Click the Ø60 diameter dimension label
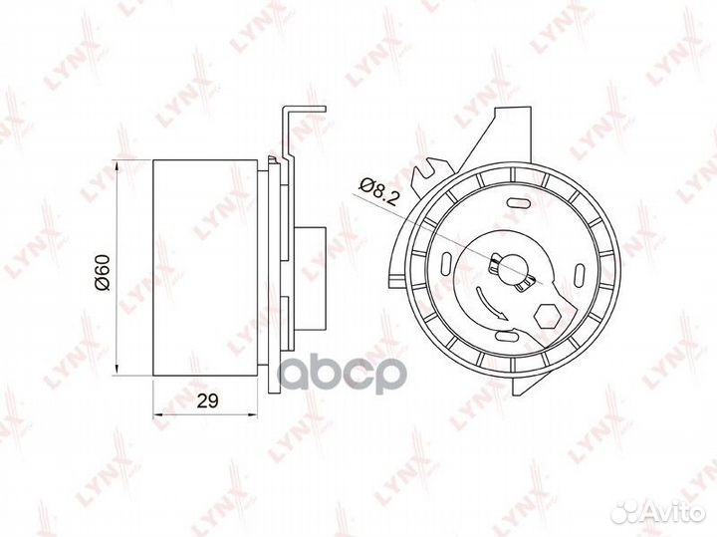pyautogui.click(x=103, y=272)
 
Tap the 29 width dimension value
pyautogui.click(x=207, y=401)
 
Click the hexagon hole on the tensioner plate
pyautogui.click(x=546, y=316)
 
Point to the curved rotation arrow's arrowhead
pyautogui.click(x=502, y=316)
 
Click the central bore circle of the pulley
pyautogui.click(x=510, y=270)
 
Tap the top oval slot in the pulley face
pyautogui.click(x=516, y=201)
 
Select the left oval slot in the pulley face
pyautogui.click(x=446, y=265)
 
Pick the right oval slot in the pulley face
pyautogui.click(x=577, y=273)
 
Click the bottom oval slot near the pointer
pyautogui.click(x=505, y=338)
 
